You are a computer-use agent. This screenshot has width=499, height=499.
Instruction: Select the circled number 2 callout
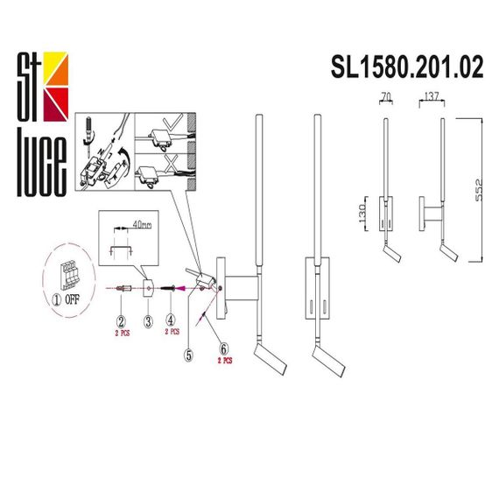(x=123, y=322)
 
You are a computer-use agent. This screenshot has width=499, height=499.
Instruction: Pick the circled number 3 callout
(x=148, y=322)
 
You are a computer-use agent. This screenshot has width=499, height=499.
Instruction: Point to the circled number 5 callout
(x=188, y=355)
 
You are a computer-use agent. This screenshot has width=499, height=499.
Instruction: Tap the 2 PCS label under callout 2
(x=123, y=334)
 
